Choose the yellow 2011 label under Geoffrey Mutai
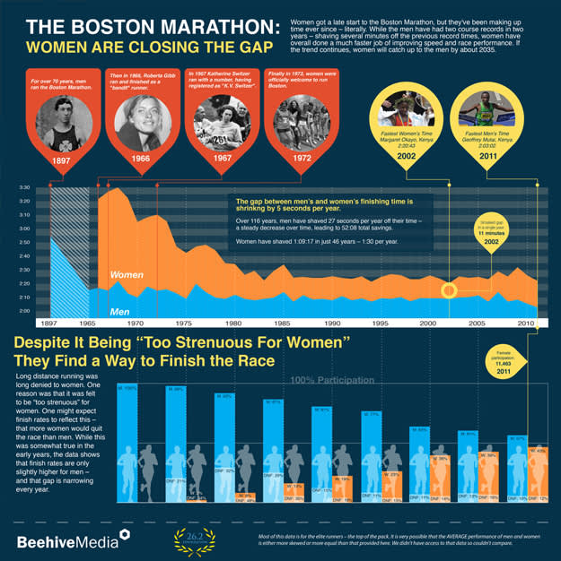tap(489, 157)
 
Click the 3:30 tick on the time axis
tap(24, 188)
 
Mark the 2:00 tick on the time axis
tap(24, 311)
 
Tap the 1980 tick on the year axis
tap(233, 323)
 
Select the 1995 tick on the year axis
tap(381, 323)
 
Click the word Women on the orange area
tap(127, 273)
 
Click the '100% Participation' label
tap(331, 381)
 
